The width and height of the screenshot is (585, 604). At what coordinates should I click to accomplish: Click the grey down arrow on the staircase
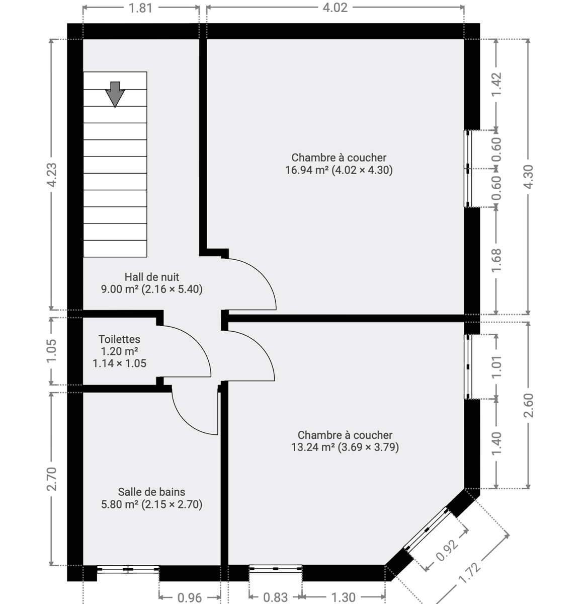(x=115, y=94)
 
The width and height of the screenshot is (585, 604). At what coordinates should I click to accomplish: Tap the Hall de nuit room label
(x=152, y=277)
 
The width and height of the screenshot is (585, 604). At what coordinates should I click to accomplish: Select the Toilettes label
(x=119, y=339)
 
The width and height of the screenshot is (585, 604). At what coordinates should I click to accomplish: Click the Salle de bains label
(x=151, y=492)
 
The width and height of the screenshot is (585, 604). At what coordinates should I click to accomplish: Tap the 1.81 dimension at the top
(x=140, y=8)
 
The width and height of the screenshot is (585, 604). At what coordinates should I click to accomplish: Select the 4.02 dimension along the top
(x=335, y=8)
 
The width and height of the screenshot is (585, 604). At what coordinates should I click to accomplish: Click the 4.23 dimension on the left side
(x=52, y=175)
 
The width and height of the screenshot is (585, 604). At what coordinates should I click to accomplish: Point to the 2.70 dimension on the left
(x=52, y=479)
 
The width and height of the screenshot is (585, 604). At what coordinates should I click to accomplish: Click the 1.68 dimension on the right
(x=496, y=260)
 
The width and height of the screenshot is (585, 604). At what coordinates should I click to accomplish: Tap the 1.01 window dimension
(x=496, y=367)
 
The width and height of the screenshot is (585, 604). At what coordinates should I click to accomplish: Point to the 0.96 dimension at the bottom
(x=190, y=597)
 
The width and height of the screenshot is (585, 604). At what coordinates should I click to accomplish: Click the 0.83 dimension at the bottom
(x=276, y=597)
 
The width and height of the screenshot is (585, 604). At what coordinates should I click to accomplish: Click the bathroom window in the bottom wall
(x=128, y=569)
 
